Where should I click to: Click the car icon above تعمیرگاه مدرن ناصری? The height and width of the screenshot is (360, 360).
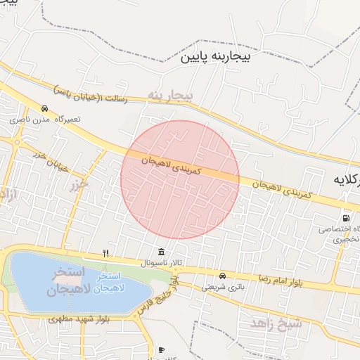(x=45, y=109)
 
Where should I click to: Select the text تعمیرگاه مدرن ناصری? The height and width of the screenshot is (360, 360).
(x=44, y=120)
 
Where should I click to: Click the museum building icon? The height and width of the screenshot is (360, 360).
(x=162, y=252)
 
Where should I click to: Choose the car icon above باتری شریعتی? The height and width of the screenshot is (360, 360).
(x=222, y=275)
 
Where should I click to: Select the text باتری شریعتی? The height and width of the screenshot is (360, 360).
(x=222, y=286)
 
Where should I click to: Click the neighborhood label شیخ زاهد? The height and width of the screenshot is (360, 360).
(x=276, y=323)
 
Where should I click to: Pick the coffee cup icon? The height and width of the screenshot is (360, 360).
(x=161, y=349)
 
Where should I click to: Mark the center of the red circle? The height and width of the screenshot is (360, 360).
(x=180, y=179)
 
